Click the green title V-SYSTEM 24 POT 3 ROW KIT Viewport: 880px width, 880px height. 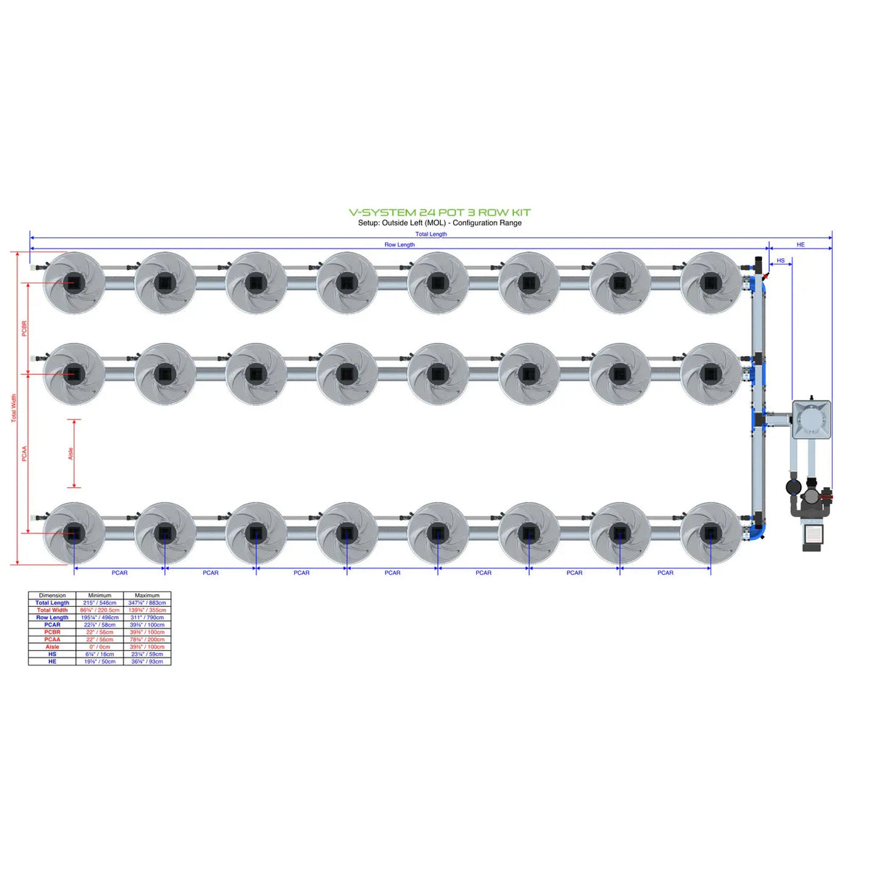pyautogui.click(x=439, y=212)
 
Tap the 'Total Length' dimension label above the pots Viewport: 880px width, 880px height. pyautogui.click(x=431, y=234)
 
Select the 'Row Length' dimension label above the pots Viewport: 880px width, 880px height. pyautogui.click(x=399, y=245)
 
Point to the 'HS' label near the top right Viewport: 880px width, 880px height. pyautogui.click(x=780, y=260)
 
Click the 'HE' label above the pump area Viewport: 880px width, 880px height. pyautogui.click(x=800, y=245)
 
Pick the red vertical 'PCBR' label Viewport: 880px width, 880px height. pyautogui.click(x=24, y=328)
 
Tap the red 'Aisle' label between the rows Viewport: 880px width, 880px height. pyautogui.click(x=70, y=453)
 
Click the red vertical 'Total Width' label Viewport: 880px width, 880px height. pyautogui.click(x=13, y=408)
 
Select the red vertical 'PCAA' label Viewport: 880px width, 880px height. pyautogui.click(x=24, y=454)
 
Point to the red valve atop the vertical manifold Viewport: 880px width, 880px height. pyautogui.click(x=765, y=276)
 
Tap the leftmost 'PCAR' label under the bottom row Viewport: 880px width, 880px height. pyautogui.click(x=120, y=573)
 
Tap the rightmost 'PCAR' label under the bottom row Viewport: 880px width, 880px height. pyautogui.click(x=665, y=573)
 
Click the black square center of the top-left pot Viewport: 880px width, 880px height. pyautogui.click(x=74, y=283)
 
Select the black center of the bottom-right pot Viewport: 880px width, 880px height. pyautogui.click(x=710, y=534)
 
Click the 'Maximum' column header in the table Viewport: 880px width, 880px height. pyautogui.click(x=147, y=595)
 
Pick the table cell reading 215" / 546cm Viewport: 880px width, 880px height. pyautogui.click(x=99, y=602)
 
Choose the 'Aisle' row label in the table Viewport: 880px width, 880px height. pyautogui.click(x=52, y=647)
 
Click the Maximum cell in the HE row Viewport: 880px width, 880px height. pyautogui.click(x=147, y=661)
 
